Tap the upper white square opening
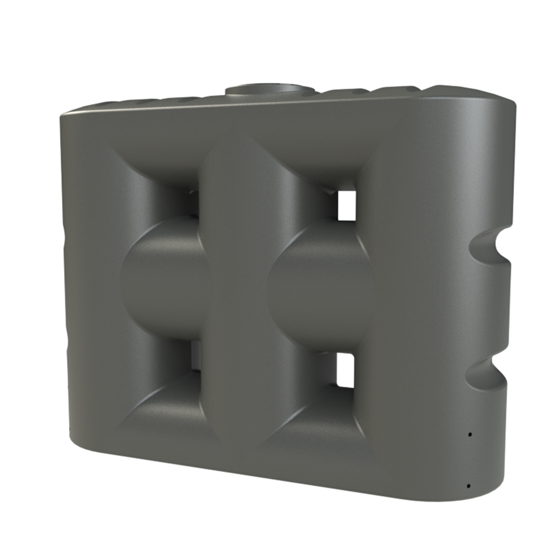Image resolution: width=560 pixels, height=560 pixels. tap(347, 204)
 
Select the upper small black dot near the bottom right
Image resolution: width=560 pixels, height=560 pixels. tap(470, 434)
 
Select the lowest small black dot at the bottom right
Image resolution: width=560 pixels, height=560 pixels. tap(467, 486)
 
